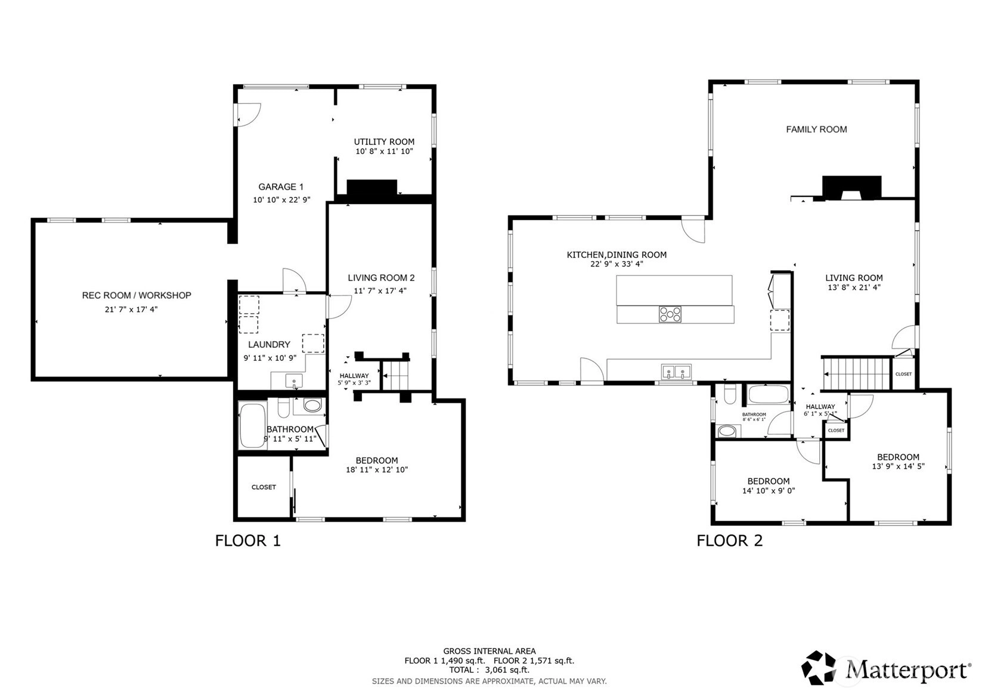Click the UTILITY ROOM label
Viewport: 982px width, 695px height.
(384, 142)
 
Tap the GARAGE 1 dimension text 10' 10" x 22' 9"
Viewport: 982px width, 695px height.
(281, 200)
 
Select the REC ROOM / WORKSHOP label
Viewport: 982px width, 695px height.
(137, 295)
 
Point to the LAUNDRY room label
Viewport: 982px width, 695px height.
(269, 344)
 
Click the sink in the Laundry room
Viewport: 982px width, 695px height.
(294, 381)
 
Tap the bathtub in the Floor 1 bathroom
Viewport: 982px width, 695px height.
(253, 425)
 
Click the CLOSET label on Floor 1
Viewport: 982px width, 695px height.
(264, 487)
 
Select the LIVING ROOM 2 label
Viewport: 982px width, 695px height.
(381, 278)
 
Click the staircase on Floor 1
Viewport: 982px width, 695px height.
(395, 375)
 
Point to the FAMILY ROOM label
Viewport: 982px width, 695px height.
(816, 129)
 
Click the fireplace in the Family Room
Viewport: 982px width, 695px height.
(851, 189)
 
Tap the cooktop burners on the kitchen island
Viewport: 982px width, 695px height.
(670, 314)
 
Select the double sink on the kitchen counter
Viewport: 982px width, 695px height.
(676, 372)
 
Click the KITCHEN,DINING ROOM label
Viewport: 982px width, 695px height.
(617, 255)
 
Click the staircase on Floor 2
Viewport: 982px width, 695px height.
(856, 373)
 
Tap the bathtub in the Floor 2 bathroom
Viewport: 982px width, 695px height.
(769, 394)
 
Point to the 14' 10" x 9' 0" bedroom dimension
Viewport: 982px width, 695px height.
(769, 490)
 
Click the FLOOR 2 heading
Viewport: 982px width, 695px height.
(729, 540)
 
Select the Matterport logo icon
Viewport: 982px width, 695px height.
(818, 667)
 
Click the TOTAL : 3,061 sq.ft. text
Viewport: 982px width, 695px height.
(490, 670)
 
